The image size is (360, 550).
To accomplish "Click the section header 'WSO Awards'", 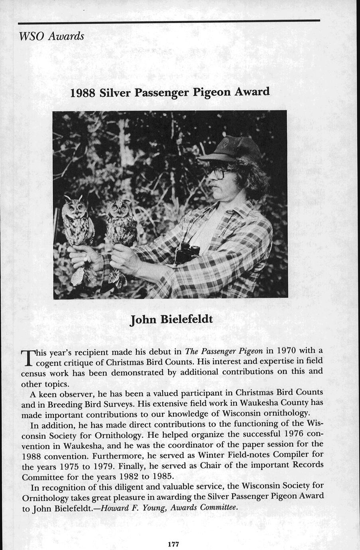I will coord(51,36).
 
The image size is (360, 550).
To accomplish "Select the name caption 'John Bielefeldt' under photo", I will coord(171,320).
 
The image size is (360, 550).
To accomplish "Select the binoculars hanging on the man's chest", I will coord(187,253).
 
